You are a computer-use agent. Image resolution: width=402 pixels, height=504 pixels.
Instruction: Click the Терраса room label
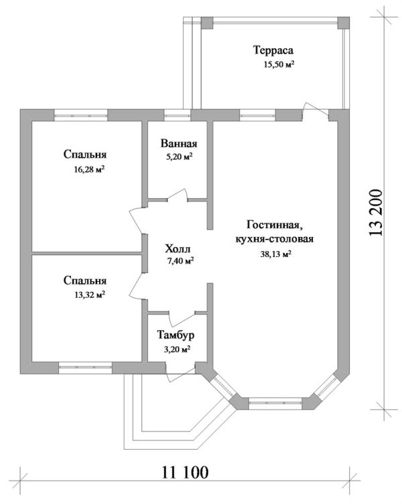pos(273,51)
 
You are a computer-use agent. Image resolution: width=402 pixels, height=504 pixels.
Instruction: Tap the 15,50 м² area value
pos(279,64)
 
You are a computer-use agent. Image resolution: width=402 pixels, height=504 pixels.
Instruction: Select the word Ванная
pos(179,144)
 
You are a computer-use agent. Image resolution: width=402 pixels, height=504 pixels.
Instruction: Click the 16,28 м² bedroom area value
pos(90,169)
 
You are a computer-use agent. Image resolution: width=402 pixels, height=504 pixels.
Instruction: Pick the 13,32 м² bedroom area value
pos(90,295)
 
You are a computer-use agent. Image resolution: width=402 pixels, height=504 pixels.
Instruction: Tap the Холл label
pos(178,249)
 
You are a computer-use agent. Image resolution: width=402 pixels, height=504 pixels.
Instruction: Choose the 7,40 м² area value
pos(180,260)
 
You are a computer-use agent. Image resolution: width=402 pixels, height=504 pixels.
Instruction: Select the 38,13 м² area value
pos(275,254)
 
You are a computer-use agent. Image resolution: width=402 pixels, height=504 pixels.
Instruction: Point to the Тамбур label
pos(176,336)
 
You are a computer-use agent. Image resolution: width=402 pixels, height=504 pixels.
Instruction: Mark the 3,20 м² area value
pos(177,350)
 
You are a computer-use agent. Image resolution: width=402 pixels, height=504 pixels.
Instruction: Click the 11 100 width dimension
pos(185,472)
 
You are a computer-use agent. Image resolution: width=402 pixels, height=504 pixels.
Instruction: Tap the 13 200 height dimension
pos(376,213)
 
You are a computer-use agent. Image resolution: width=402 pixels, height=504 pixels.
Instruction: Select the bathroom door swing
pos(178,195)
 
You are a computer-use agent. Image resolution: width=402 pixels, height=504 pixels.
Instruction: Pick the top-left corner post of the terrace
pos(207,23)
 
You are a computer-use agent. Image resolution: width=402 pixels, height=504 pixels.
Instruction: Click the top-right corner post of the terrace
pos(344,23)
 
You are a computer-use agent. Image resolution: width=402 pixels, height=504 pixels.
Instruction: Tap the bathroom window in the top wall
pos(178,115)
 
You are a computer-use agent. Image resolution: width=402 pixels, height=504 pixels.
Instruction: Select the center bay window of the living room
pos(275,403)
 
